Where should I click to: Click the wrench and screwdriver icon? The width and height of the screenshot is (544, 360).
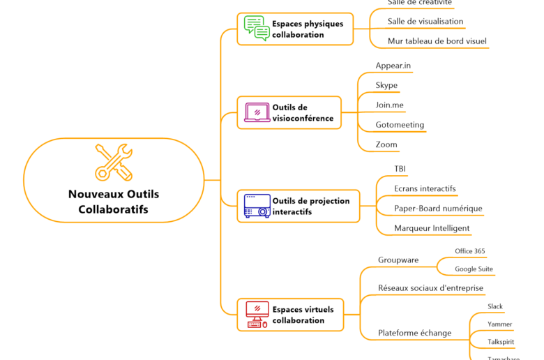[114, 162]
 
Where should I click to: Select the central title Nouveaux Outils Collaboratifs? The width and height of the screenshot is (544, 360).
[114, 202]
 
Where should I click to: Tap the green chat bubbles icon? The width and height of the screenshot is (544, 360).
[257, 29]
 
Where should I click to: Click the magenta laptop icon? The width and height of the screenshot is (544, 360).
[257, 112]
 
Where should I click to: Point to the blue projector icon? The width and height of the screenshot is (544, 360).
[257, 206]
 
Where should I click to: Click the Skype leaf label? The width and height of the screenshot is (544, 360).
[386, 85]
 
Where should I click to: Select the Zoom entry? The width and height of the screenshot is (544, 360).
[386, 145]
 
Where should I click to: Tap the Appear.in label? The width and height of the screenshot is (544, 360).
[393, 66]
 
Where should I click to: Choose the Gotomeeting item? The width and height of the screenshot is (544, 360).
[400, 125]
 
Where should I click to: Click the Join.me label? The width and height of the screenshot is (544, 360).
[390, 105]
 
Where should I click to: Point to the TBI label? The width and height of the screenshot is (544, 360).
[400, 169]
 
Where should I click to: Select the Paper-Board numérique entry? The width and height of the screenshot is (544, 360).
[438, 208]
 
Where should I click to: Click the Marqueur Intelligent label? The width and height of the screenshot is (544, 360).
[432, 228]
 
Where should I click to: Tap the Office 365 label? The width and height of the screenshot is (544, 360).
[470, 251]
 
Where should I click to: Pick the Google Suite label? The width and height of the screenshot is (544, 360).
[474, 269]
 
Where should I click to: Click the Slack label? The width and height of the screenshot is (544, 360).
[495, 306]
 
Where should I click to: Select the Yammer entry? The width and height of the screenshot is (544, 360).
[499, 324]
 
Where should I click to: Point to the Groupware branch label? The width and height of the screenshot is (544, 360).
[398, 260]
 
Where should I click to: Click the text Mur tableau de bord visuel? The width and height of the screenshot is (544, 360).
[437, 41]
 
